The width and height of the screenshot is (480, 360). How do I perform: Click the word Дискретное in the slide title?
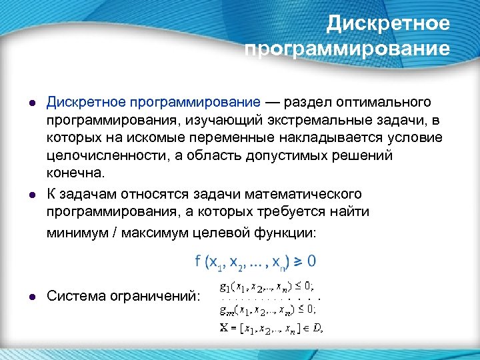(389, 24)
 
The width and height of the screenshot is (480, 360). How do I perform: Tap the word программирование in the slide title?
(348, 49)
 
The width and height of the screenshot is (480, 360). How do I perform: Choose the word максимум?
(146, 233)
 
